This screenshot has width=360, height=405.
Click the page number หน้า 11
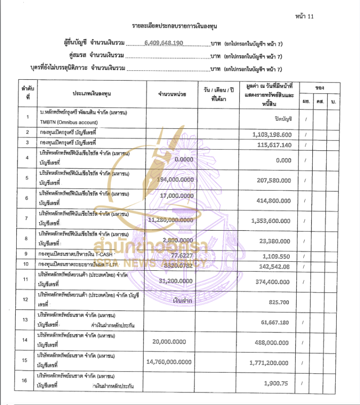coord(304,16)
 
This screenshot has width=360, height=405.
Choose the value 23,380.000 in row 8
coord(276,241)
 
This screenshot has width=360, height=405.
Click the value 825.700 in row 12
coord(280,301)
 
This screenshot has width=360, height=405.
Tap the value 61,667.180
coord(276,323)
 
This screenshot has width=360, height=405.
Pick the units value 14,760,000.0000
coord(169,362)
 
